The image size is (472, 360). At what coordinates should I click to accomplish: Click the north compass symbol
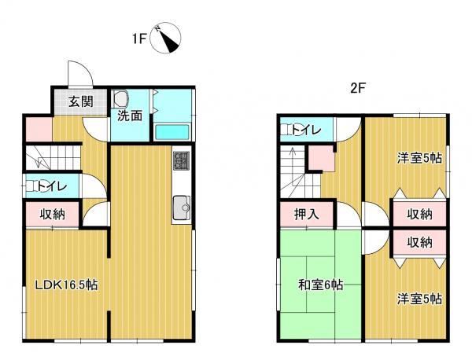click(165, 39)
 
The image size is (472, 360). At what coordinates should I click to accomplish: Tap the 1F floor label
click(139, 39)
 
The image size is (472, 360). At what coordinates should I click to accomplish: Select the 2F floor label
click(358, 88)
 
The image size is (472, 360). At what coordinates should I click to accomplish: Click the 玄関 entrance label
click(81, 101)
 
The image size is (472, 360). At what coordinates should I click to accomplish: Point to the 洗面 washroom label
click(130, 116)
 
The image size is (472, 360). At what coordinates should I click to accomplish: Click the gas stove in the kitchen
click(181, 160)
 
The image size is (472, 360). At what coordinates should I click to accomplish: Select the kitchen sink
click(182, 208)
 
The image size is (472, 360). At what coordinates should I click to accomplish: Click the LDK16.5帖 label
click(67, 285)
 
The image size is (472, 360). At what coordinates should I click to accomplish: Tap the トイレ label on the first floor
click(51, 186)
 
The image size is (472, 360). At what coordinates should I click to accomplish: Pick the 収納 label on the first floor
click(53, 214)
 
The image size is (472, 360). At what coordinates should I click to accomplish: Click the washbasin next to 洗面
click(120, 99)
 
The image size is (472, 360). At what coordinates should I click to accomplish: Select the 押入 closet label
click(306, 214)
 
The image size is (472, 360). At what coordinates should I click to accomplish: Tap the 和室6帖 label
click(321, 285)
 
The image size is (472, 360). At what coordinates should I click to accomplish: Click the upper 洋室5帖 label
click(419, 158)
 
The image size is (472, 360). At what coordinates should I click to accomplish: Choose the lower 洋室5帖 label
click(419, 299)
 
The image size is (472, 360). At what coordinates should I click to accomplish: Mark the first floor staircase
click(53, 157)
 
